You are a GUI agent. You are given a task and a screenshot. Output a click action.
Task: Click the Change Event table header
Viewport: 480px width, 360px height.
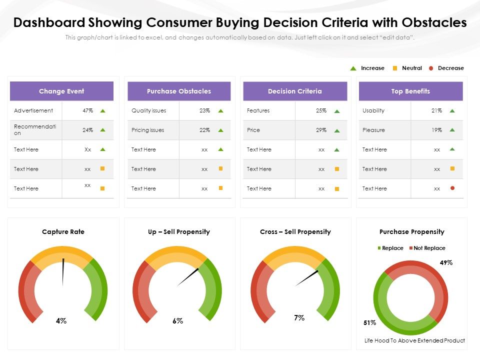[61, 91]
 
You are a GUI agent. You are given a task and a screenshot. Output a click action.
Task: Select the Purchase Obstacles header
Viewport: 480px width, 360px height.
[179, 91]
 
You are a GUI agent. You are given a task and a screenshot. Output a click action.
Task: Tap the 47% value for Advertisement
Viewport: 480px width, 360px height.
[88, 110]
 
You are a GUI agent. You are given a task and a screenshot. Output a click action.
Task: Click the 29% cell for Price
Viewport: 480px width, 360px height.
[321, 130]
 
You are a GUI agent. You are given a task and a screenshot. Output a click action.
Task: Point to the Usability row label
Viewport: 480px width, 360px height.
[373, 110]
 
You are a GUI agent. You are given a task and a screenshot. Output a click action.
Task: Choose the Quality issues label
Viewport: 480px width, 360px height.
[148, 110]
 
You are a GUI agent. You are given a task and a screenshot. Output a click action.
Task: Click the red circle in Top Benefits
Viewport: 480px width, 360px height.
[452, 188]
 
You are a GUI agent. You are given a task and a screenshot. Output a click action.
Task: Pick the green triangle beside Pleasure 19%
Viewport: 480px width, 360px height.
[452, 130]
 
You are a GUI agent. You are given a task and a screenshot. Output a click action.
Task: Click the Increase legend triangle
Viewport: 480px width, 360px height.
[353, 68]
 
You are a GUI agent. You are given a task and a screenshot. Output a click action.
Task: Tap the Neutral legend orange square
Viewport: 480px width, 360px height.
[394, 68]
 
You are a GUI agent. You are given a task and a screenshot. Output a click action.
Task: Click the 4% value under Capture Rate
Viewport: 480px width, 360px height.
[61, 321]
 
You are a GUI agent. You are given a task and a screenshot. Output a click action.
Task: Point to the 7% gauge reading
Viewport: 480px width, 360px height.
[299, 317]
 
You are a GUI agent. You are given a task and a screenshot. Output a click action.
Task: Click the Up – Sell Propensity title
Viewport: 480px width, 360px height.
[179, 232]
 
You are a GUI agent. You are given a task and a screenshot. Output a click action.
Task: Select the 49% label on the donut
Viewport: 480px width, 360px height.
[446, 262]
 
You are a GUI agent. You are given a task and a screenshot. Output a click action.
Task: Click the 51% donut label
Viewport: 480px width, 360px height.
[369, 323]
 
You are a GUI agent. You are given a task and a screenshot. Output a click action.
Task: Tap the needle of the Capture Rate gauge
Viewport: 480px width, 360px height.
[63, 272]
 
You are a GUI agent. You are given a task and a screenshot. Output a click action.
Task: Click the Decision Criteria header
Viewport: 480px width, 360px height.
[295, 91]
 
